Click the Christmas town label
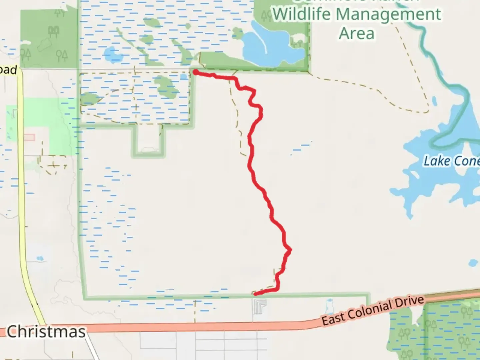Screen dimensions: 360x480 pyautogui.click(x=46, y=332)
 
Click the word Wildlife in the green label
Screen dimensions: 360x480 pyautogui.click(x=302, y=14)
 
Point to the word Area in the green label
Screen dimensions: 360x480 pyautogui.click(x=357, y=34)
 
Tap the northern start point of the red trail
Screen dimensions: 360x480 pyautogui.click(x=195, y=72)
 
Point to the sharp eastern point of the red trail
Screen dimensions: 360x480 pyautogui.click(x=290, y=250)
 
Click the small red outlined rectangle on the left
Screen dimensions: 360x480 pyautogui.click(x=29, y=137)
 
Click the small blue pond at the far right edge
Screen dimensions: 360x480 pyautogui.click(x=473, y=263)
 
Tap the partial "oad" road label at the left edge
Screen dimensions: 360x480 pyautogui.click(x=8, y=70)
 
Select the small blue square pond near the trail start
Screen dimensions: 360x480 pyautogui.click(x=183, y=77)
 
